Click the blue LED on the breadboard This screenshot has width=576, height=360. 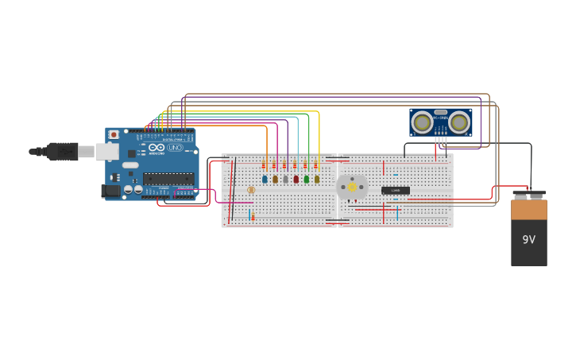265,180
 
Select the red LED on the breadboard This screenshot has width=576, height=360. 296,180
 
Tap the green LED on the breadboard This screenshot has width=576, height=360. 307,180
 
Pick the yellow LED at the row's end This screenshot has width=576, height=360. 317,180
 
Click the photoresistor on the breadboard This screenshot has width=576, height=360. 251,190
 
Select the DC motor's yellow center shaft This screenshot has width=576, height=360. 352,188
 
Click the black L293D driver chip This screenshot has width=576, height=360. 395,191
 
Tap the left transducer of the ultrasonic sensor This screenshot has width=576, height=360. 423,122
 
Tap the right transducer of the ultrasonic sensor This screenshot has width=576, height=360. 458,122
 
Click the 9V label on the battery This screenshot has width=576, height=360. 528,239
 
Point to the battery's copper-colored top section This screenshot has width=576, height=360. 528,209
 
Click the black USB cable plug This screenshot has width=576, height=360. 61,151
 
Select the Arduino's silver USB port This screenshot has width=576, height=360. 106,151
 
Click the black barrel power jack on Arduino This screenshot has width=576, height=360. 111,191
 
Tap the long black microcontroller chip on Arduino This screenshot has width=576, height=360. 168,179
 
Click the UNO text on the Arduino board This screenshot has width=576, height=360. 175,148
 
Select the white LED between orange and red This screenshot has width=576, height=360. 286,180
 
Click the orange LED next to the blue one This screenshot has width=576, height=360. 275,180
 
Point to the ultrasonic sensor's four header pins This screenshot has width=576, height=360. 441,140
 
